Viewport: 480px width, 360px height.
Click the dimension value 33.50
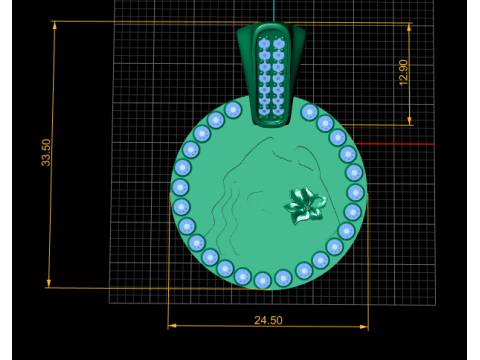[46, 152]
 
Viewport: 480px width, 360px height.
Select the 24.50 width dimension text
[268, 320]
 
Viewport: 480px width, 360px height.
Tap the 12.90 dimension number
[404, 72]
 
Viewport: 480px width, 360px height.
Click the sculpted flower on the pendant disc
[304, 205]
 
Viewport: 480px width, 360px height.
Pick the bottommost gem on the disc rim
[262, 280]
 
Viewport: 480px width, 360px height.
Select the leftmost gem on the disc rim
[180, 187]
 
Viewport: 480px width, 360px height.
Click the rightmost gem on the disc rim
[356, 192]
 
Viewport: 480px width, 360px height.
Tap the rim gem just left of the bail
[233, 110]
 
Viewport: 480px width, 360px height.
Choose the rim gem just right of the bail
[310, 112]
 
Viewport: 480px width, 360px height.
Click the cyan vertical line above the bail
[271, 10]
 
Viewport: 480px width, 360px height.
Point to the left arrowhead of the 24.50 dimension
[171, 325]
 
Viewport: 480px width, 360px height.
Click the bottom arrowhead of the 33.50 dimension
[48, 284]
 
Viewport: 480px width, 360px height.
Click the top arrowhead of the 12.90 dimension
[410, 26]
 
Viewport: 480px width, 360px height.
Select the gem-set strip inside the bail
[270, 75]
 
